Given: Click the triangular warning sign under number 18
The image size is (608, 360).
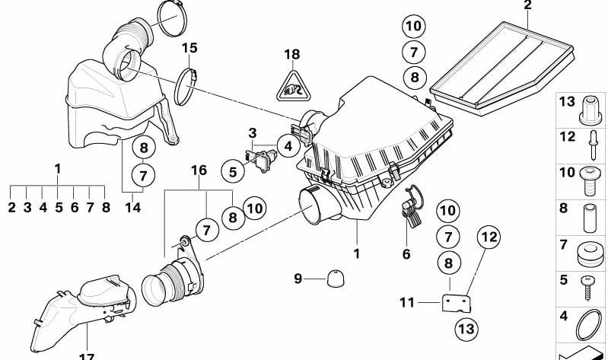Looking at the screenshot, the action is pos(292,88).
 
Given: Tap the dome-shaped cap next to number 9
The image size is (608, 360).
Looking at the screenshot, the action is pos(336,279).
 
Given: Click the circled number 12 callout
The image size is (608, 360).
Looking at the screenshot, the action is pos(489,237).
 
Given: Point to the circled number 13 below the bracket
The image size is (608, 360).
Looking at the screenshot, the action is pos(466,329).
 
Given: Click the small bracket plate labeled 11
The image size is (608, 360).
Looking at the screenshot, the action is pos(457,304).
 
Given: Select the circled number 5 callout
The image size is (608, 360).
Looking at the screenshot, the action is pos(233,172).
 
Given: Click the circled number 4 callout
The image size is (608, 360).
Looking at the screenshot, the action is pos(288,146).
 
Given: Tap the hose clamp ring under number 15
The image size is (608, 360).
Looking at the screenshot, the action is pos(185,87).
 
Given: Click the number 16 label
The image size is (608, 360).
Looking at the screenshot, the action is pos(199,170).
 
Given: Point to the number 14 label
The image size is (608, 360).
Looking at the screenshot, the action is pos(132,208).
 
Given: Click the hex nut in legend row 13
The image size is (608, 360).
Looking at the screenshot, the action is pos(590,111).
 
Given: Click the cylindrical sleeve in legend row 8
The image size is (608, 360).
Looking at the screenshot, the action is pos(590,218).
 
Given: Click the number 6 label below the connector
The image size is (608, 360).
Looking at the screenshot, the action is pos(406,254).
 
